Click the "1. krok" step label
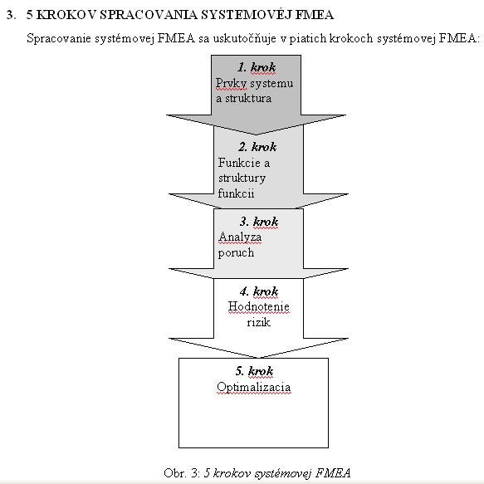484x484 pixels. point(257,67)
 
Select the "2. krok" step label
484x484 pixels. point(257,147)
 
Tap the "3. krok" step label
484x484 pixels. point(259,222)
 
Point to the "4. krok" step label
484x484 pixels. point(259,291)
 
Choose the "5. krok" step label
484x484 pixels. point(254,371)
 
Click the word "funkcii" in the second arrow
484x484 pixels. point(236,193)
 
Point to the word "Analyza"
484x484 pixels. point(240,237)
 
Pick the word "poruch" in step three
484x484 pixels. point(236,253)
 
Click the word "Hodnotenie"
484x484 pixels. point(259,306)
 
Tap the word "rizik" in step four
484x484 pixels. point(259,322)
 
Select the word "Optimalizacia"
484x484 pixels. point(254,387)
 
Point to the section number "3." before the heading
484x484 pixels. point(11,15)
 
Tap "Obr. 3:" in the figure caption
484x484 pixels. point(182,473)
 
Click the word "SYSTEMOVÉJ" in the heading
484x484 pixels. point(247,15)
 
